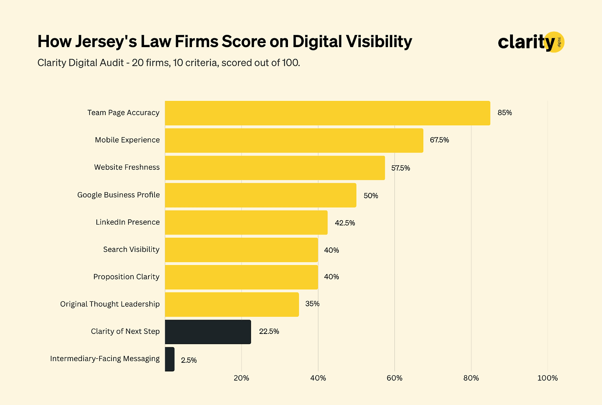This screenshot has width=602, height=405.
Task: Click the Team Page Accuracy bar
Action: click(327, 113)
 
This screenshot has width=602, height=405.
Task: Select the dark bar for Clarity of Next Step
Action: click(208, 332)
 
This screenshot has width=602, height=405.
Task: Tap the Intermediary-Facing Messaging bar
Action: click(170, 359)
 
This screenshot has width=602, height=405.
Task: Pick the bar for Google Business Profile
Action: click(260, 195)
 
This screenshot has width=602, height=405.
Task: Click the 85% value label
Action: click(504, 113)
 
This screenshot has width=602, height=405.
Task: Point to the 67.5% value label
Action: click(439, 140)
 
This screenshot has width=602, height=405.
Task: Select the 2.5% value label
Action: click(189, 360)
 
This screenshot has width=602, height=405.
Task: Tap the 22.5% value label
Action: click(269, 331)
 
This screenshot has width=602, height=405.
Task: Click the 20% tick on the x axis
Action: click(241, 378)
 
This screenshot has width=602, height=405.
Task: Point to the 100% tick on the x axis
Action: click(547, 378)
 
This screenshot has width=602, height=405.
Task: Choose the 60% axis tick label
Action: click(394, 378)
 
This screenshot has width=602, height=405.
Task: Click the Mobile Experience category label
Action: click(127, 140)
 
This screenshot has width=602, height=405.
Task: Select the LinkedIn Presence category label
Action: click(128, 222)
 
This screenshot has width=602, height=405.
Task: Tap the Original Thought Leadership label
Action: click(110, 304)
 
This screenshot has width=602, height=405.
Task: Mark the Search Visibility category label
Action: click(131, 249)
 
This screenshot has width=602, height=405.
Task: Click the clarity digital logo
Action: click(530, 42)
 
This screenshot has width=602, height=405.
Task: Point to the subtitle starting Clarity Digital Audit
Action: click(168, 63)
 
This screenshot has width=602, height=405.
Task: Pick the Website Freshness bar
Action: click(275, 168)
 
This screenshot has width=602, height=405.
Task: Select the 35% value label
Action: click(312, 304)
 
